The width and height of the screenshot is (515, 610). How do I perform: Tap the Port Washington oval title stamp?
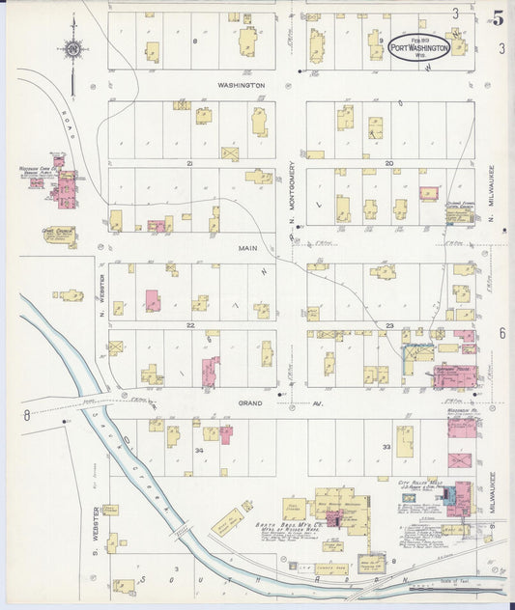coord(418,46)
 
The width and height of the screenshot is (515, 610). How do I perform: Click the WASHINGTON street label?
coord(241,85)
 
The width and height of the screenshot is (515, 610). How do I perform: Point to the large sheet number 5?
coord(497,16)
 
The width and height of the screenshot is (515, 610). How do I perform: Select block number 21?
coord(190,163)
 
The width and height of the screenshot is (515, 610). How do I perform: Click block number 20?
coord(388,163)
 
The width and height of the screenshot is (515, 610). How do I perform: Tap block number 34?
coord(199,450)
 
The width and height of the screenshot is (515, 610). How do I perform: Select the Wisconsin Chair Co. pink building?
coord(66,187)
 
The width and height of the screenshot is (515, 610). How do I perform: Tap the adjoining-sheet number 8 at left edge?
coord(26,415)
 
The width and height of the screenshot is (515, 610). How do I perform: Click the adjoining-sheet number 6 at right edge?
coord(502,333)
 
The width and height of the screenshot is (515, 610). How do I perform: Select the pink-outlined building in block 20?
coord(429,193)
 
